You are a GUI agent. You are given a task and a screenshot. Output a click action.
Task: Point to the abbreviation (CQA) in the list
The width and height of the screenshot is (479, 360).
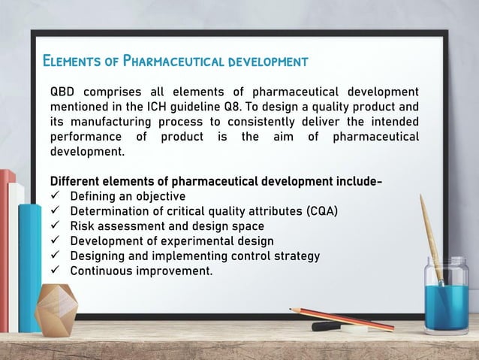[x=317, y=210]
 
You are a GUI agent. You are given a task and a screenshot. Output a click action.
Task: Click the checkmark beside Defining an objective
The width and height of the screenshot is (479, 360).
[x=55, y=196]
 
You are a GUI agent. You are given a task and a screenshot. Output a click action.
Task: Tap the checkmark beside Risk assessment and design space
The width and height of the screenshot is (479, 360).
[x=55, y=225]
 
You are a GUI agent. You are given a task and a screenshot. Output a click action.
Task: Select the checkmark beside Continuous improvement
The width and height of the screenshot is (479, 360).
[x=55, y=271]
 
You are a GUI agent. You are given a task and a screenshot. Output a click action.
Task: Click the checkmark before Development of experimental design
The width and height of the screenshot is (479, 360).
[x=55, y=241]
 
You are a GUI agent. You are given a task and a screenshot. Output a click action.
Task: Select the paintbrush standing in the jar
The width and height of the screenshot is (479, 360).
[x=432, y=233]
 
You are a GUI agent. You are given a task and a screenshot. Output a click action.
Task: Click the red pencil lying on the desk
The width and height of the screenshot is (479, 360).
[x=342, y=319]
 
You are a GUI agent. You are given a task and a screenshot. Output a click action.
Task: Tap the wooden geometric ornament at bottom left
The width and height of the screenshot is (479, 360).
[x=56, y=309]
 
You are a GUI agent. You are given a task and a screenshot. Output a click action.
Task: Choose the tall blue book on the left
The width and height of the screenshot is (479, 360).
[x=30, y=263]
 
